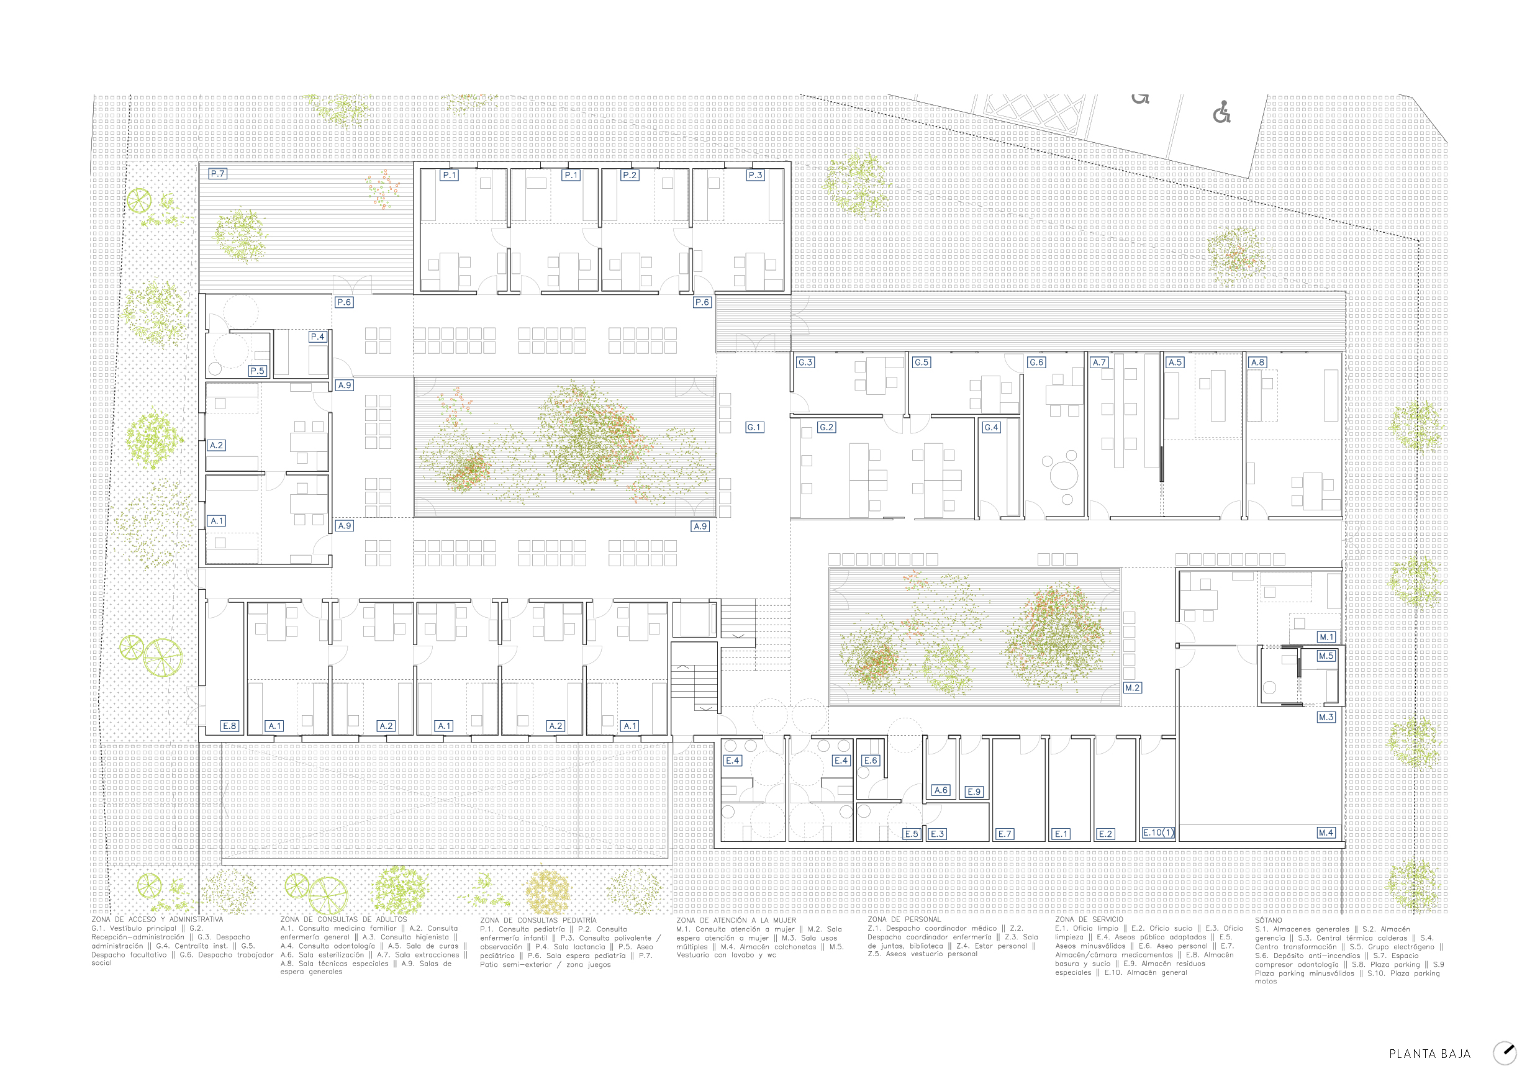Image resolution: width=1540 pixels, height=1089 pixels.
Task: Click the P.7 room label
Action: (217, 174)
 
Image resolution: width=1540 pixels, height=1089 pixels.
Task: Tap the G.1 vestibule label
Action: (754, 427)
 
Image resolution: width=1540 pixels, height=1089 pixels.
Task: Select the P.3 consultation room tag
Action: (755, 175)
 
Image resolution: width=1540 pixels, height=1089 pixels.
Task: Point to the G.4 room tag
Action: (991, 427)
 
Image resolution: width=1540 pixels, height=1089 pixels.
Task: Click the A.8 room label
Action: (1257, 362)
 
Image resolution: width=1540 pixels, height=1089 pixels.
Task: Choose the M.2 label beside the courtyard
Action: (1133, 687)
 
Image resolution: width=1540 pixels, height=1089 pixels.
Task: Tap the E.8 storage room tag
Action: (229, 726)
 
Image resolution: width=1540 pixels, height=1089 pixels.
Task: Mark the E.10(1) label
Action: (1158, 832)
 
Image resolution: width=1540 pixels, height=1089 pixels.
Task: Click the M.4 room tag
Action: (1326, 832)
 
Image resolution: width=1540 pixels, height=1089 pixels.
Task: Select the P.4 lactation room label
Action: (318, 337)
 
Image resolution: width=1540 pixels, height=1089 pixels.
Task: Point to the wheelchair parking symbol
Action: (1221, 112)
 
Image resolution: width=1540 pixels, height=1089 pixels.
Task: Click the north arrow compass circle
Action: (1505, 1053)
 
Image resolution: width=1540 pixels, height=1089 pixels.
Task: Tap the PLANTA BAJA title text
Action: (1430, 1054)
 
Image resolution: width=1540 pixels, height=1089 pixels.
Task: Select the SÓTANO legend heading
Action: (1269, 920)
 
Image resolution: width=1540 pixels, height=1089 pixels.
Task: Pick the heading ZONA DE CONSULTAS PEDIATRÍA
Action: (538, 920)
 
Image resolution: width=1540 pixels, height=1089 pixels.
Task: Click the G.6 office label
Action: (1036, 362)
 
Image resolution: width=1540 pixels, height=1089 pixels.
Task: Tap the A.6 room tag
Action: (941, 790)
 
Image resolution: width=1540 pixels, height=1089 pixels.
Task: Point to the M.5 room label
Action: (1326, 656)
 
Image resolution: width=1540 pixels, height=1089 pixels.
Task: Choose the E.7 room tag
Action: (1005, 834)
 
